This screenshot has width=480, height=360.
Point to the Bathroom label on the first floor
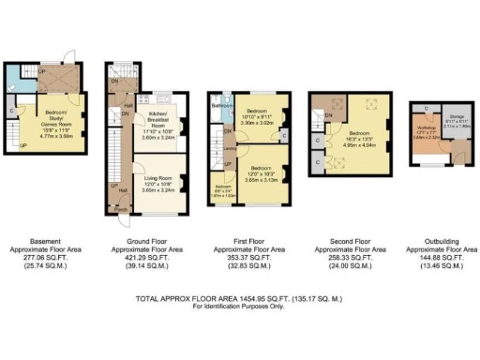click(x=221, y=106)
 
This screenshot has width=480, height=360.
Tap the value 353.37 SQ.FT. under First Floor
click(x=248, y=258)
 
